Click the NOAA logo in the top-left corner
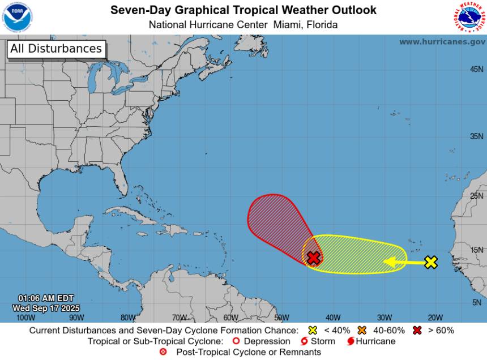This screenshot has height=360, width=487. click(17, 17)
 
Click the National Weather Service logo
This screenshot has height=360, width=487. click(469, 17)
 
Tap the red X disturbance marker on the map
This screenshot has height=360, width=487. click(314, 258)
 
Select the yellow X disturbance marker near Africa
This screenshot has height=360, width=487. click(431, 262)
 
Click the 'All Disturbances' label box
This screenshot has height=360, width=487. click(56, 49)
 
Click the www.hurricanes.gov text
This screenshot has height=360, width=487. click(442, 42)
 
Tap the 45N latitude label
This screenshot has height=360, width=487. click(476, 69)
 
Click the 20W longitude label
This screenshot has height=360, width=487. click(435, 318)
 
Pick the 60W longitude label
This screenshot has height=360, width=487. click(230, 318)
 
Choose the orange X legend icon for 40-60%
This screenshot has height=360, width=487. click(362, 330)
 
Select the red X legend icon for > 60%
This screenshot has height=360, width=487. click(417, 330)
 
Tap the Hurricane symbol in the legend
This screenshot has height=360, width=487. click(351, 341)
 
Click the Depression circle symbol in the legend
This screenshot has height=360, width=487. click(237, 341)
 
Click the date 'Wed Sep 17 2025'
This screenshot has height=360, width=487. click(46, 308)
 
